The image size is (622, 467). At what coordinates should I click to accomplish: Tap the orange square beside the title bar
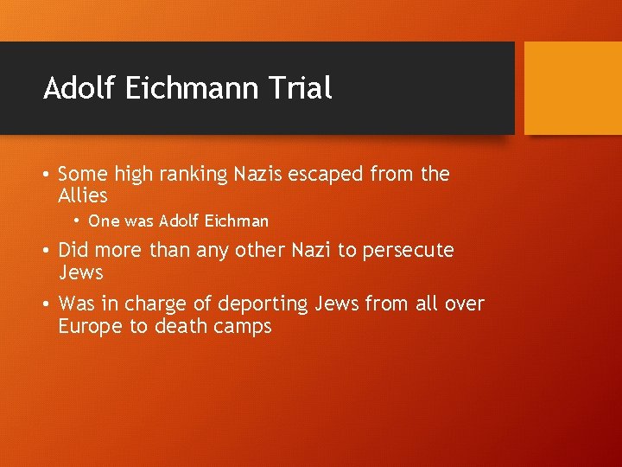pyautogui.click(x=573, y=88)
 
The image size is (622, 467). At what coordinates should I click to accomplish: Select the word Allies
pyautogui.click(x=83, y=195)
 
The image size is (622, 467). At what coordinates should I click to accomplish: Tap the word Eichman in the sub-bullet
pyautogui.click(x=235, y=221)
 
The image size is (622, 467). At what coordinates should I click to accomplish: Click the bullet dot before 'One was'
pyautogui.click(x=77, y=221)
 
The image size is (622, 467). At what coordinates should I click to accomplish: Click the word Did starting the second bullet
pyautogui.click(x=73, y=251)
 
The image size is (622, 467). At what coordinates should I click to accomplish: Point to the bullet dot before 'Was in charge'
pyautogui.click(x=45, y=304)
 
